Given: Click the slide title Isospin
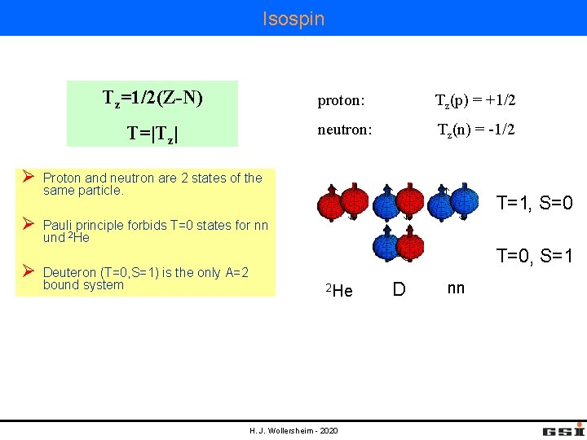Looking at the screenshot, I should [x=293, y=18].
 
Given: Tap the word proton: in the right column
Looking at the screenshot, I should [x=341, y=102].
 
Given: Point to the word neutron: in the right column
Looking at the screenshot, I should [x=346, y=130].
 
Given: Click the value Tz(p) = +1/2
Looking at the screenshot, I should [x=476, y=101].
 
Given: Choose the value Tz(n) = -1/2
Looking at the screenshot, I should [x=476, y=130].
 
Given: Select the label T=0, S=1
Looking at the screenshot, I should [x=535, y=257].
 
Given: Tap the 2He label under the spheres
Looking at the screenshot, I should [x=339, y=290].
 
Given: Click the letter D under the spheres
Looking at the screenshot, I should [x=399, y=289].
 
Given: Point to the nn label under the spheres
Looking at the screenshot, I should [x=456, y=288].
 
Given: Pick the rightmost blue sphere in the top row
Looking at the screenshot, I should [x=464, y=202].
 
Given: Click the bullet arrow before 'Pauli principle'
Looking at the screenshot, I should [x=28, y=223].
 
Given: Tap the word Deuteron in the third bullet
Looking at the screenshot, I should [x=69, y=272].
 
